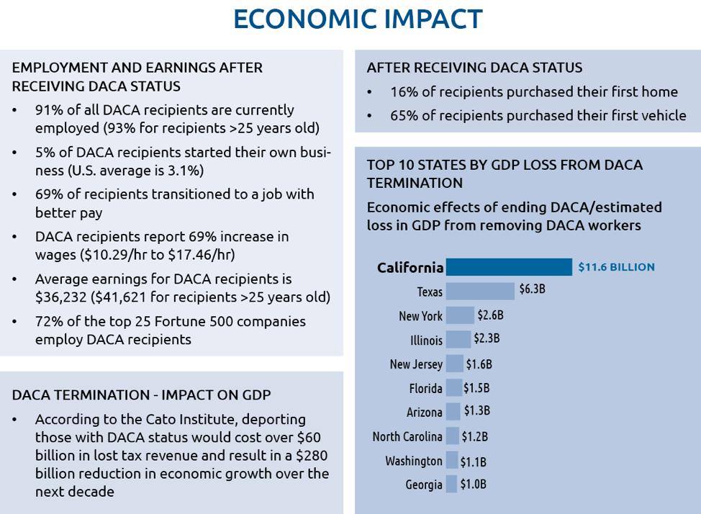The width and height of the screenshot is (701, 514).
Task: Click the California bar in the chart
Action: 509,267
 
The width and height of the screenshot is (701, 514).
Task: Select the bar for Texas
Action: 480,292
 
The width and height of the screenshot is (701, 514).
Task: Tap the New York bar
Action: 460,315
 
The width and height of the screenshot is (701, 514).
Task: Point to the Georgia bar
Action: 451,484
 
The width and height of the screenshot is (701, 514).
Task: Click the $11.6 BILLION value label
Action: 616,267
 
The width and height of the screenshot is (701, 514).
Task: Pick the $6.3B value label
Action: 532,289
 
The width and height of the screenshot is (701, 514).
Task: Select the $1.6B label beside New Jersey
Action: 479,364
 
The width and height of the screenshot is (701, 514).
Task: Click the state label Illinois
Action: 426,341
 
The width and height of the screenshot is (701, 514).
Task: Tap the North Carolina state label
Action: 407,436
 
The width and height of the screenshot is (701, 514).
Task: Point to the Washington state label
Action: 414,461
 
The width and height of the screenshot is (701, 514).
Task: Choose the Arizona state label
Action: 424,412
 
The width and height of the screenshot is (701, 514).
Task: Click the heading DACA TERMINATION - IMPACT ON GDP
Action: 141,395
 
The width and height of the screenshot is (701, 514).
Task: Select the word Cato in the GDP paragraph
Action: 160,420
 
